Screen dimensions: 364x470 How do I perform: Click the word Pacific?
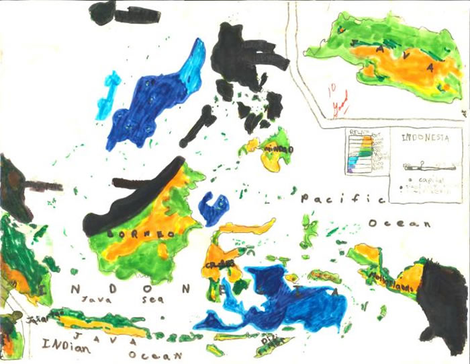[342, 199]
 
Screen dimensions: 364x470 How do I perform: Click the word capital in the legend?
[427, 180]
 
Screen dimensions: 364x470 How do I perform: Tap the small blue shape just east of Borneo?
[214, 208]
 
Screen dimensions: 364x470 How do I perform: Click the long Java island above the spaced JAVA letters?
[101, 322]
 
